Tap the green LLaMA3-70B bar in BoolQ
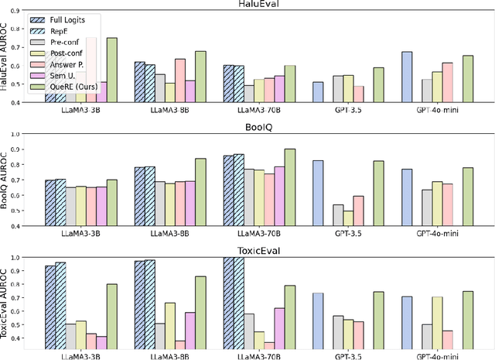289,187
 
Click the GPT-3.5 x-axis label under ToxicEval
348,355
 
